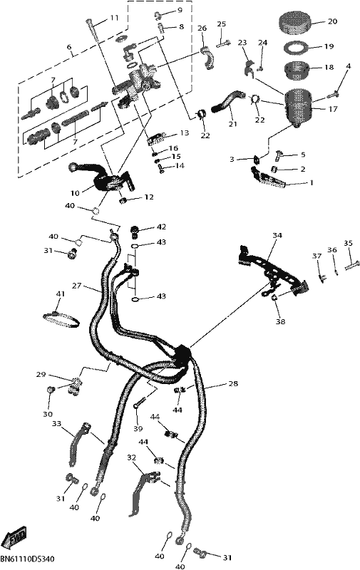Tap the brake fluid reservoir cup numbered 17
point(297,108)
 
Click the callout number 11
point(114,17)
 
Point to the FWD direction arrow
point(14,537)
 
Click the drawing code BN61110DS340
point(28,559)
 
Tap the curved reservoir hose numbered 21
point(226,100)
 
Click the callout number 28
point(233,383)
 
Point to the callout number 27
point(76,286)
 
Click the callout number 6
point(69,47)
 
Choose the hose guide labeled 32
point(143,491)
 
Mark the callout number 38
point(281,321)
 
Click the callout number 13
point(185,133)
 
